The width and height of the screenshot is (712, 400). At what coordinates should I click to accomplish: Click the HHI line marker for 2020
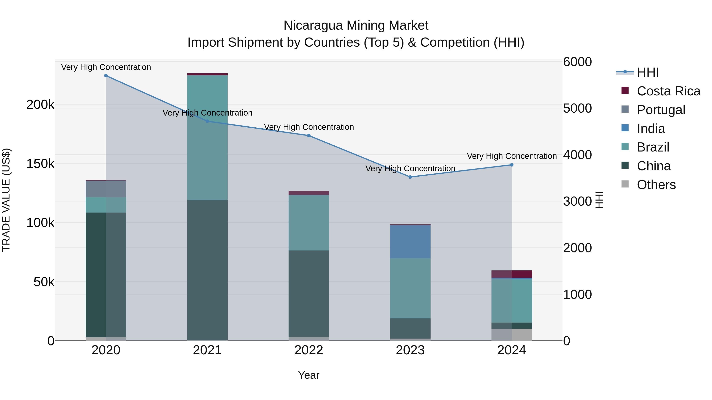tap(106, 76)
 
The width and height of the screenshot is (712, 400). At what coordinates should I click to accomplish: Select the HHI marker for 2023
tap(410, 177)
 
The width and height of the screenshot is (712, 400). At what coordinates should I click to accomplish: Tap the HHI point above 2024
tap(512, 165)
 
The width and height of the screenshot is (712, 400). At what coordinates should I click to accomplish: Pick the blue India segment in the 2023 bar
tap(410, 242)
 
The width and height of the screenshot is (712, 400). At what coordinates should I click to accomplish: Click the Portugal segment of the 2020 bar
tap(106, 189)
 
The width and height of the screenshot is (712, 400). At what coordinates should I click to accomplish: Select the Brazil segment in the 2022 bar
tap(309, 222)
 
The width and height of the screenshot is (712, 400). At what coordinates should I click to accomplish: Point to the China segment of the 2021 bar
tap(207, 270)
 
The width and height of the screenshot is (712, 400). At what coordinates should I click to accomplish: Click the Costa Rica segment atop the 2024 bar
tap(512, 274)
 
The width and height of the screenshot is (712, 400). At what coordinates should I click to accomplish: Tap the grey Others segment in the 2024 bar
tap(512, 335)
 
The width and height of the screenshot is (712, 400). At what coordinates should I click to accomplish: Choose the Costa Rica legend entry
tap(668, 91)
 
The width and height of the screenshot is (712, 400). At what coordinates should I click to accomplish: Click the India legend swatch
tap(625, 128)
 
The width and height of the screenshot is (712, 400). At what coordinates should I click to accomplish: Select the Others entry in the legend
tap(656, 185)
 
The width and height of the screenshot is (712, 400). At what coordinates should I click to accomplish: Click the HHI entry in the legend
tap(648, 72)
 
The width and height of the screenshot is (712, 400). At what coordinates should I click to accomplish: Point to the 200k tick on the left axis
tap(40, 105)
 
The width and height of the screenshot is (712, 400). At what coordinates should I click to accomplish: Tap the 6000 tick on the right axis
tap(577, 62)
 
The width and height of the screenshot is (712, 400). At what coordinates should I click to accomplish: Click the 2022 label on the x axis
tap(309, 350)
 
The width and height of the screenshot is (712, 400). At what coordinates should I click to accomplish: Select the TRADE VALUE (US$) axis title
tap(6, 200)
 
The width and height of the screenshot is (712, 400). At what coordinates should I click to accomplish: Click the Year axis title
tap(309, 375)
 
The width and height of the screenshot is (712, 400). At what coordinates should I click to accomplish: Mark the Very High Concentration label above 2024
tap(512, 156)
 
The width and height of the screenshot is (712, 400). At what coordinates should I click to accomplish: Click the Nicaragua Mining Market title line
tap(356, 25)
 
